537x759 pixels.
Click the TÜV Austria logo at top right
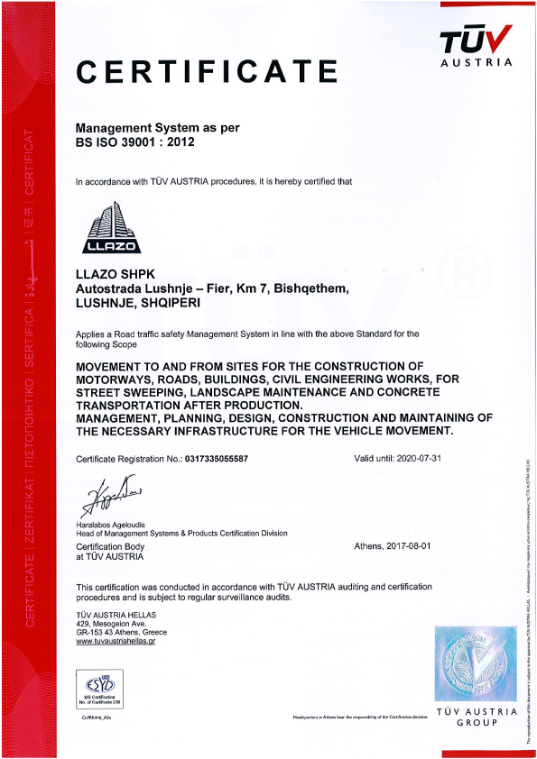[475, 45]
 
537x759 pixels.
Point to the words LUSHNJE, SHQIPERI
[137, 304]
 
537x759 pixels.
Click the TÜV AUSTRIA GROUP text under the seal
[475, 718]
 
